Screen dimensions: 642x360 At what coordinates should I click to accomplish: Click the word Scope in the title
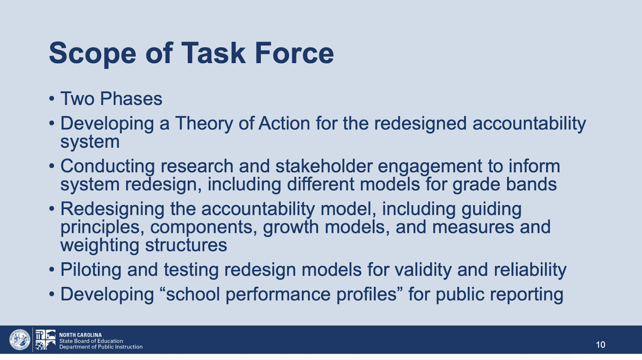coord(93,54)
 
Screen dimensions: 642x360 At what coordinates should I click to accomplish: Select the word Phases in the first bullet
coord(131,99)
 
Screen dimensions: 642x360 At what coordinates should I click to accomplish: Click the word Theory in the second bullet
coord(204,124)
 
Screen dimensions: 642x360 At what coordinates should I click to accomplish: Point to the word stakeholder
coord(324,166)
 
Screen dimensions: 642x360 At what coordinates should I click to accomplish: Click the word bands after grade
coord(531,184)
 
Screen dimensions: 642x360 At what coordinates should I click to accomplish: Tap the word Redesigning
coord(112,209)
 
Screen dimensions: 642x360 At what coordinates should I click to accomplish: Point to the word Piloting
coord(91,270)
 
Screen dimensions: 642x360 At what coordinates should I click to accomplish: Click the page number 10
coord(600,344)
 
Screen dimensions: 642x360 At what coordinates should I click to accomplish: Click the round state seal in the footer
coord(20,340)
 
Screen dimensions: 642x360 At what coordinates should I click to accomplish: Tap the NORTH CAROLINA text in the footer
coord(80,335)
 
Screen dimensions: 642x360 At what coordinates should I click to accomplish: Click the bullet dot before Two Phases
coord(52,99)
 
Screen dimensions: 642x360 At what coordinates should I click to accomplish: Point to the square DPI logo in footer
coord(45,340)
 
